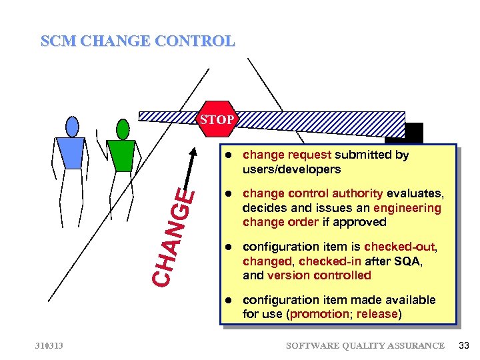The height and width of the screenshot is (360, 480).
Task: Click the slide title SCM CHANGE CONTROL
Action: [137, 41]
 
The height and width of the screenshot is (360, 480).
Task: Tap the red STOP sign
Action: [215, 120]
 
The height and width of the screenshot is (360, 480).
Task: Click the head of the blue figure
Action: [72, 126]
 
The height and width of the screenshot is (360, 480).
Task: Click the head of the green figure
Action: [123, 129]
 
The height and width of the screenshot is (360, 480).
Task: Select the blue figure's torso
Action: [70, 153]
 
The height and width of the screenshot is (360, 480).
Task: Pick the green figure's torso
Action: [121, 155]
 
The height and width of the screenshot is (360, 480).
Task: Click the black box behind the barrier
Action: [408, 132]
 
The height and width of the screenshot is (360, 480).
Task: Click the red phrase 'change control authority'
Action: [313, 193]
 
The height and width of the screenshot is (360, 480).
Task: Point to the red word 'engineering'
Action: [408, 208]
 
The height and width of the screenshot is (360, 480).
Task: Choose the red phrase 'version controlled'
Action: [319, 275]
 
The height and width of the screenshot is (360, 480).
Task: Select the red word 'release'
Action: [378, 314]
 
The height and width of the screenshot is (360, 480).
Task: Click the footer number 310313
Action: [51, 345]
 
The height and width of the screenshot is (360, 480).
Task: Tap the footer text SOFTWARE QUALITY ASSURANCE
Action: [365, 345]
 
